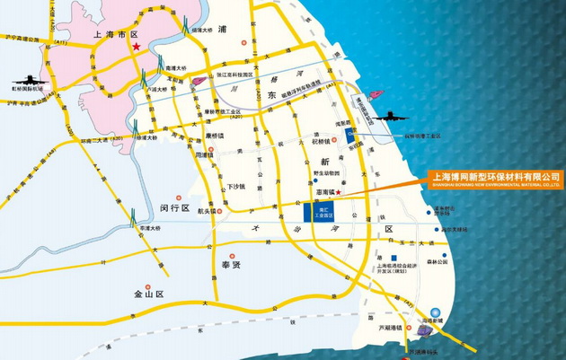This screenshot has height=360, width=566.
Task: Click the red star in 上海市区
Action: click(x=137, y=46)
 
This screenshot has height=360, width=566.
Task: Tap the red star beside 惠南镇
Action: click(x=338, y=192)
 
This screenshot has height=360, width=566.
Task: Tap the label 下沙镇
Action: click(x=234, y=186)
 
